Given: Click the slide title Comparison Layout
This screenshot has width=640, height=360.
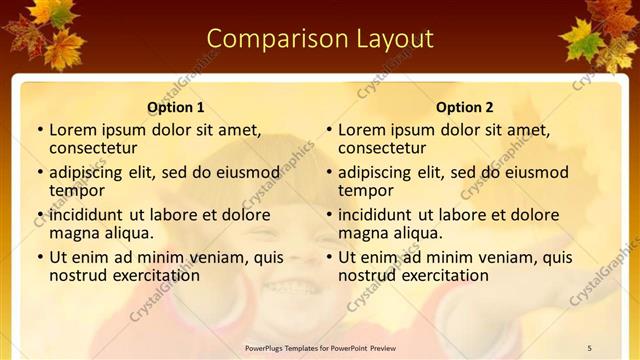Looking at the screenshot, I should (320, 39).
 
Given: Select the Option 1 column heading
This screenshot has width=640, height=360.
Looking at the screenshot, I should (176, 107).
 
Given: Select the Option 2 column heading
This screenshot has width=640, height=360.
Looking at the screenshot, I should (465, 107).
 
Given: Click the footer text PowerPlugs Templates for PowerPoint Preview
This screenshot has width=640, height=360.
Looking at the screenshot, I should (320, 348).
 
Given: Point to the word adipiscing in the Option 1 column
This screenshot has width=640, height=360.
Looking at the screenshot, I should (89, 172).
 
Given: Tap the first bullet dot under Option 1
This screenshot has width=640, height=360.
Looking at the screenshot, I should (40, 130).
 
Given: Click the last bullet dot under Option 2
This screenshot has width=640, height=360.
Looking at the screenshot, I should (329, 257).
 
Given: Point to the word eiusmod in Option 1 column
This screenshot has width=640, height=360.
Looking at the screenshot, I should (245, 172).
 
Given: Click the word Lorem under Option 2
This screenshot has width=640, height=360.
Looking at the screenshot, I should (361, 130).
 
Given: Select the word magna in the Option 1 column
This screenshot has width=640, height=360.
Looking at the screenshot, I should (74, 233).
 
